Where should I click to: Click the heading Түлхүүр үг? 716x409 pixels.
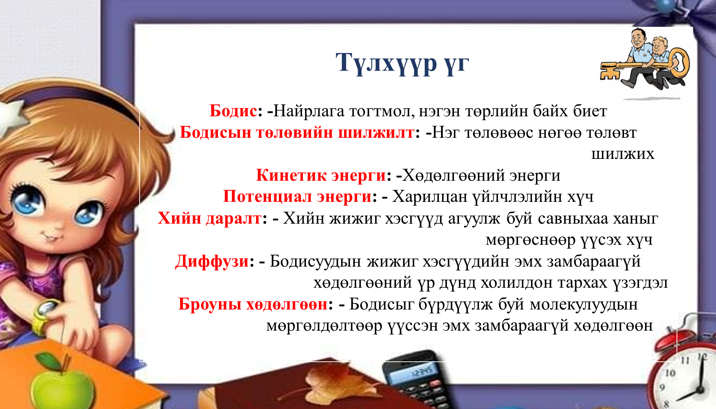[x=402, y=63]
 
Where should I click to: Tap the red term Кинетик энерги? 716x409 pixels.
[x=321, y=175]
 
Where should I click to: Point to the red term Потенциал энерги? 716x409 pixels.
[x=297, y=197]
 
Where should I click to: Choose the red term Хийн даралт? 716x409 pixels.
[x=210, y=218]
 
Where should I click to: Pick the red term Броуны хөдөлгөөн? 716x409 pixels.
[x=253, y=304]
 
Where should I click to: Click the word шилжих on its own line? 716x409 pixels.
[x=623, y=154]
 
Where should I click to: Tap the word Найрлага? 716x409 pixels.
[x=309, y=111]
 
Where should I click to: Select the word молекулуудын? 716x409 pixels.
[x=584, y=304]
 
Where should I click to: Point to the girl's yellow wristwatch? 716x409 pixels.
[x=45, y=315]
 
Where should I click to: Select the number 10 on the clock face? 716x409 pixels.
[x=670, y=373]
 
